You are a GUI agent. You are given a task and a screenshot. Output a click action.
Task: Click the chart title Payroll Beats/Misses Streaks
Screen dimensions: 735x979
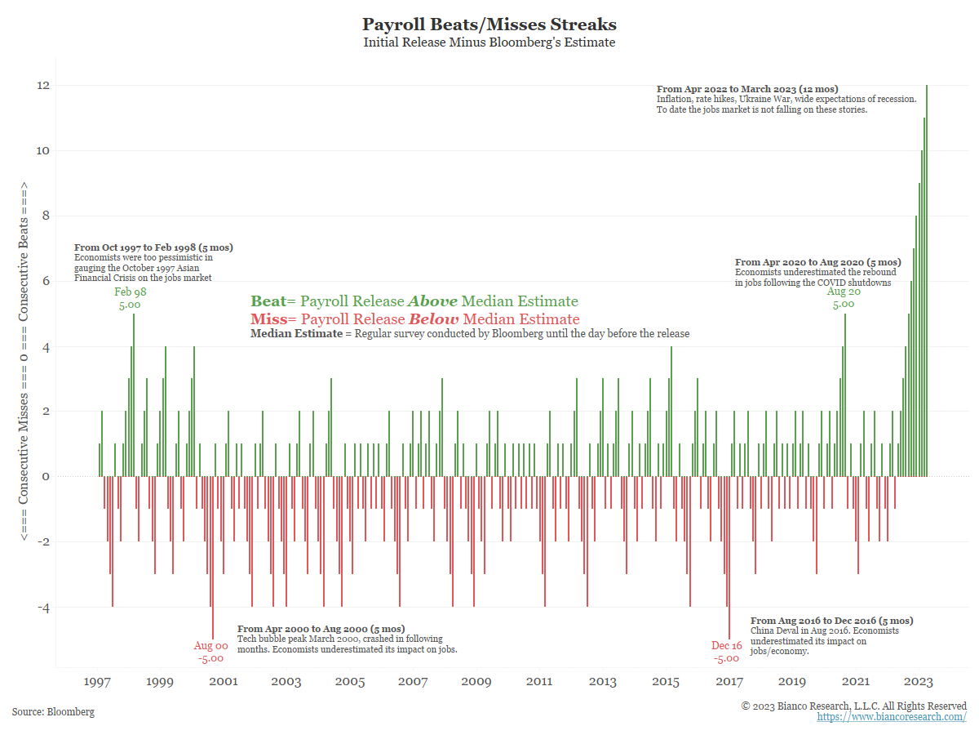tap(489, 24)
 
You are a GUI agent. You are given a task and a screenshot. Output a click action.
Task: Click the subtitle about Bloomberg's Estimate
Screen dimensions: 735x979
tap(489, 42)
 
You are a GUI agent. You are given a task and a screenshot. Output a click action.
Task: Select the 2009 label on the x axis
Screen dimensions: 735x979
tap(476, 682)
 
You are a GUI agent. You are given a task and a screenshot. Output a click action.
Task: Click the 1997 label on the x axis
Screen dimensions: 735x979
tap(98, 682)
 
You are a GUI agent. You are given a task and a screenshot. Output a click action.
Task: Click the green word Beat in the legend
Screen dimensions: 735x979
tap(268, 301)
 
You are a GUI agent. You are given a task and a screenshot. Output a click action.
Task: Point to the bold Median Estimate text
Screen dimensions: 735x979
tap(296, 334)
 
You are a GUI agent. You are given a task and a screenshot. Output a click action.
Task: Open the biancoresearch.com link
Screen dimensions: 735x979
tap(891, 717)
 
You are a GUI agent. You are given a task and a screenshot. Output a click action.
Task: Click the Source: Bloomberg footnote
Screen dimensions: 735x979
tap(53, 712)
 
